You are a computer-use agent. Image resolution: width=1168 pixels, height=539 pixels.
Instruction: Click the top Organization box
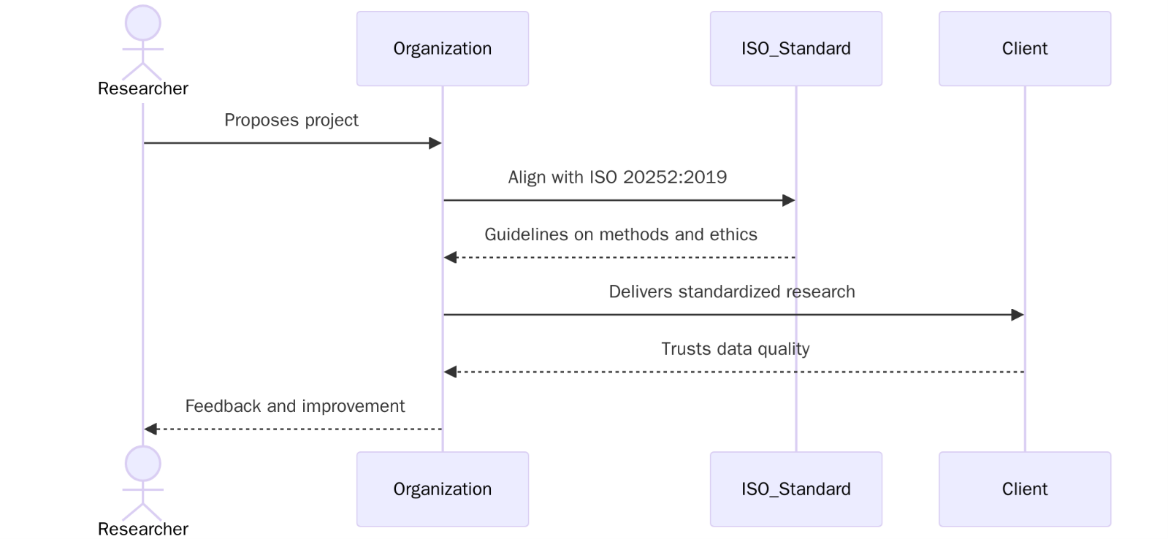point(442,49)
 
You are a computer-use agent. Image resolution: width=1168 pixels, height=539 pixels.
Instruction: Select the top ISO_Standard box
point(795,49)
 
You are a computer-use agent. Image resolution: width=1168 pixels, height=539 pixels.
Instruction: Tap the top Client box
point(1024,49)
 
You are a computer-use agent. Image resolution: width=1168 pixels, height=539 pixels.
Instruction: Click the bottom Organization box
point(442,489)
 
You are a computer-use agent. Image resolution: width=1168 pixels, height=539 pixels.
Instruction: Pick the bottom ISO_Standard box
point(795,489)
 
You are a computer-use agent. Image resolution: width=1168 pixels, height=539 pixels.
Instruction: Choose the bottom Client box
point(1024,489)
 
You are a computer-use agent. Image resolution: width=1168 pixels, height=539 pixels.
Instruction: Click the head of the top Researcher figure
point(143,23)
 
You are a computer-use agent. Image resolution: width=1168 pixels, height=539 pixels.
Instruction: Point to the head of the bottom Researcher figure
point(143,463)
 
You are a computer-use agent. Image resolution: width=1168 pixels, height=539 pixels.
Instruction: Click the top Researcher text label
point(143,89)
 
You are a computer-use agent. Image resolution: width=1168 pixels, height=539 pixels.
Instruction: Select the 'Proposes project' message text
point(291,120)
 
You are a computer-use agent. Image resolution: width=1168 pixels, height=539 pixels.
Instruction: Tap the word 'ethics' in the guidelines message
point(733,234)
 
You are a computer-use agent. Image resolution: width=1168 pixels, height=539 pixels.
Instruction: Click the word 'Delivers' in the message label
point(641,292)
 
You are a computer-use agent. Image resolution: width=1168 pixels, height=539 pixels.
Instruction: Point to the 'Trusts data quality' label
point(735,349)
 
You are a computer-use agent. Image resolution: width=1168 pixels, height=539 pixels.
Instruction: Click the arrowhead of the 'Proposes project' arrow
point(435,143)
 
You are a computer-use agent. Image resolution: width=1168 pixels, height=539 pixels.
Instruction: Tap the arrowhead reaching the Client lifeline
point(1018,315)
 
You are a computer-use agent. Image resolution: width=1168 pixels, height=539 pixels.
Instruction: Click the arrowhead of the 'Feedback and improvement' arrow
point(150,429)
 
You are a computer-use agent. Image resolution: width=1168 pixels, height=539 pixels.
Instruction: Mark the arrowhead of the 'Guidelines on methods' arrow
point(451,257)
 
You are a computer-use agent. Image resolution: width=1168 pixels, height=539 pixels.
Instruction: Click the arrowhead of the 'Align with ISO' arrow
point(789,200)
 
